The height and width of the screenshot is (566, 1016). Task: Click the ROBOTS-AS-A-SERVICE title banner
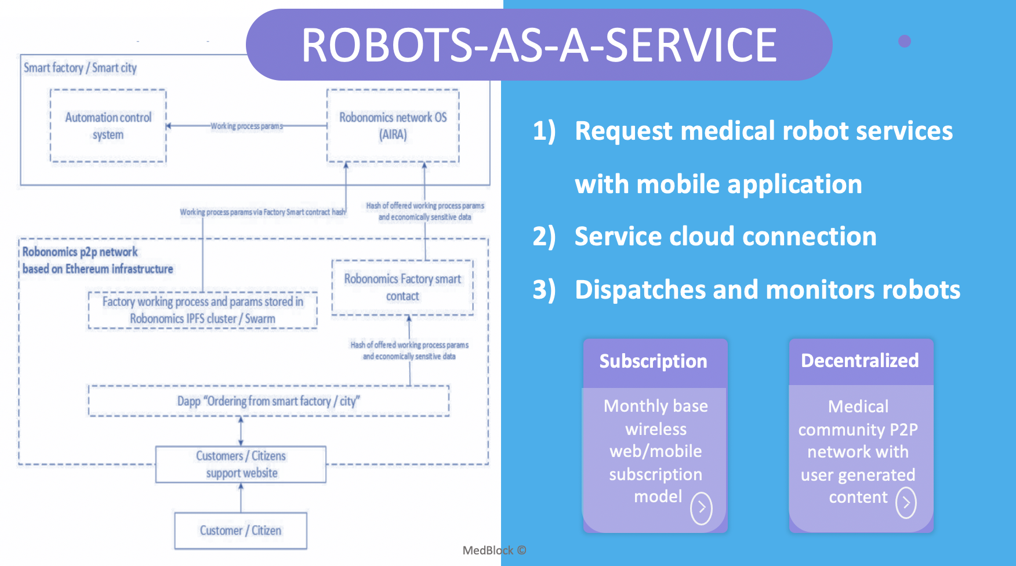pyautogui.click(x=539, y=45)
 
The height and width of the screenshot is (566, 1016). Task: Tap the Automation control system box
pyautogui.click(x=108, y=126)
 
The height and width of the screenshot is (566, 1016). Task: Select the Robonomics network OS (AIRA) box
pyautogui.click(x=393, y=126)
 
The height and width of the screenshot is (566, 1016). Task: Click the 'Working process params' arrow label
pyautogui.click(x=246, y=126)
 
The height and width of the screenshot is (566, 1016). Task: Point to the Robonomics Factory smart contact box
pyautogui.click(x=402, y=288)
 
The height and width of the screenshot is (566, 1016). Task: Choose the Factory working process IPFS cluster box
pyautogui.click(x=202, y=310)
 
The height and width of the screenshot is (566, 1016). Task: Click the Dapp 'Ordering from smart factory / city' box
pyautogui.click(x=268, y=401)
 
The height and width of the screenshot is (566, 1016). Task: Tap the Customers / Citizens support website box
pyautogui.click(x=241, y=464)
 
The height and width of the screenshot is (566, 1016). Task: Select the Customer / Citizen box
pyautogui.click(x=241, y=531)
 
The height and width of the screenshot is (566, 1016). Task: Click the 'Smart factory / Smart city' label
pyautogui.click(x=80, y=68)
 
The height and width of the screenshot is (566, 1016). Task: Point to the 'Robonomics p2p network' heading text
pyautogui.click(x=80, y=252)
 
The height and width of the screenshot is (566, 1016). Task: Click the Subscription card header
pyautogui.click(x=654, y=361)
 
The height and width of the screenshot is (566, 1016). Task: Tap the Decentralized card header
pyautogui.click(x=860, y=361)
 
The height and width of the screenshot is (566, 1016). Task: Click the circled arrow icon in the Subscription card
pyautogui.click(x=701, y=508)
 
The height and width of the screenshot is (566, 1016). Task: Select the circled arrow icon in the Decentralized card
pyautogui.click(x=906, y=502)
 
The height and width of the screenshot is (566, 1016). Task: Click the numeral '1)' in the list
pyautogui.click(x=544, y=131)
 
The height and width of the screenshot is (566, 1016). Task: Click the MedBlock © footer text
pyautogui.click(x=494, y=550)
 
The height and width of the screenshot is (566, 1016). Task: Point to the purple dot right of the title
pyautogui.click(x=905, y=41)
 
